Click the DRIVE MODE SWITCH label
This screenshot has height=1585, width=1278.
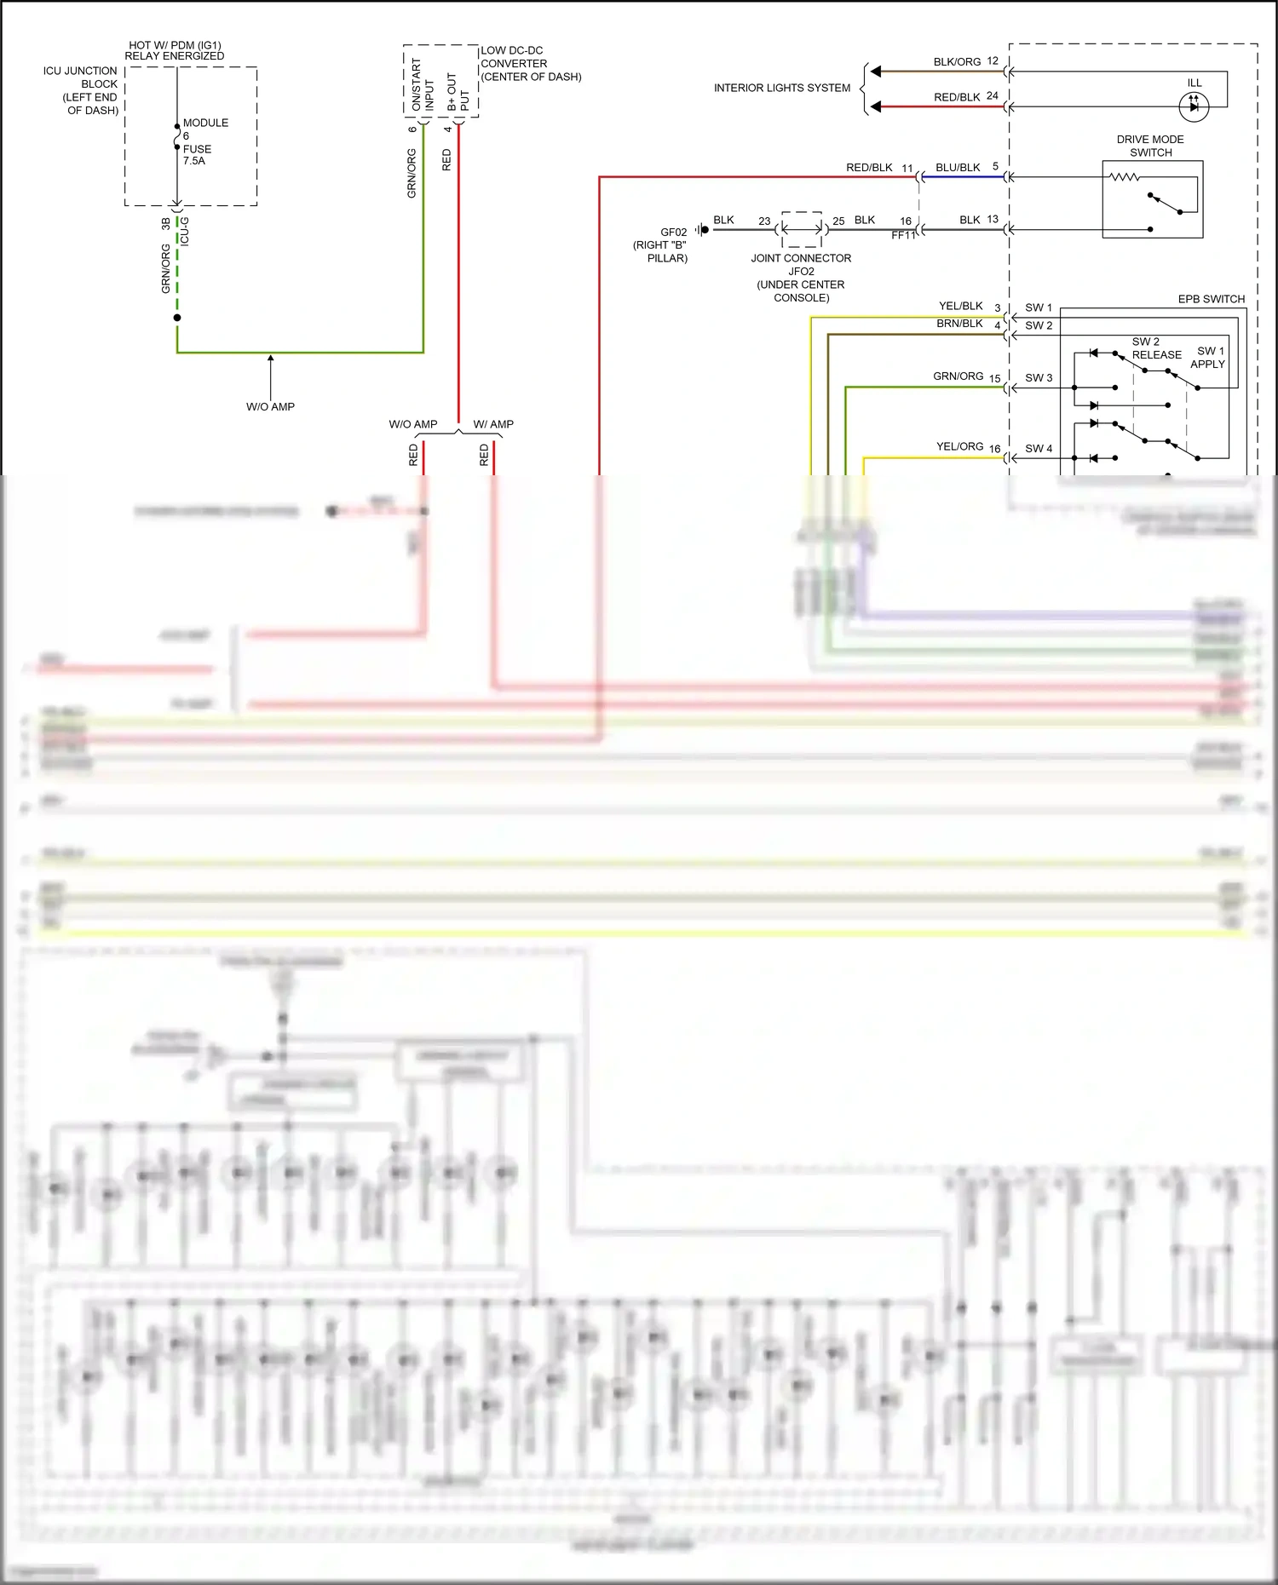click(x=1150, y=146)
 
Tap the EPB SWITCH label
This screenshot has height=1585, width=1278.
click(x=1211, y=299)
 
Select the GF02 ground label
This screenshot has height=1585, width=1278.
click(x=673, y=232)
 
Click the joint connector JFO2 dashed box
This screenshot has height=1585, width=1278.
click(x=802, y=229)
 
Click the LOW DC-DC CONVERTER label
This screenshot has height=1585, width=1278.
click(x=531, y=64)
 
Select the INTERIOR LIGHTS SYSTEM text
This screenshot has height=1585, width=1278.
click(x=781, y=88)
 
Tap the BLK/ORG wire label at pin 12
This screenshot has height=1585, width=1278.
click(x=957, y=62)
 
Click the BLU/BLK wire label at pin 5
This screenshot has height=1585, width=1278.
click(x=958, y=167)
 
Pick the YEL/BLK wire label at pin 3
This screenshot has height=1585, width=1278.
click(x=960, y=306)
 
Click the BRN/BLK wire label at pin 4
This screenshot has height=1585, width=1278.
click(x=959, y=324)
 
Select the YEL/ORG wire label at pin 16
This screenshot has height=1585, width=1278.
click(x=959, y=446)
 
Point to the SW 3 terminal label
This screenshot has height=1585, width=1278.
click(x=1038, y=377)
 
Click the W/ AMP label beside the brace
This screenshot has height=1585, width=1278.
click(x=493, y=424)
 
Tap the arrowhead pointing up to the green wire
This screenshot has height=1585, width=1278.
click(x=271, y=359)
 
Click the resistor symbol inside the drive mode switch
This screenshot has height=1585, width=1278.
click(x=1124, y=177)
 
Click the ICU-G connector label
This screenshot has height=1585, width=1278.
click(x=185, y=231)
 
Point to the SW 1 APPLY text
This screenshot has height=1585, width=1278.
click(x=1209, y=357)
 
